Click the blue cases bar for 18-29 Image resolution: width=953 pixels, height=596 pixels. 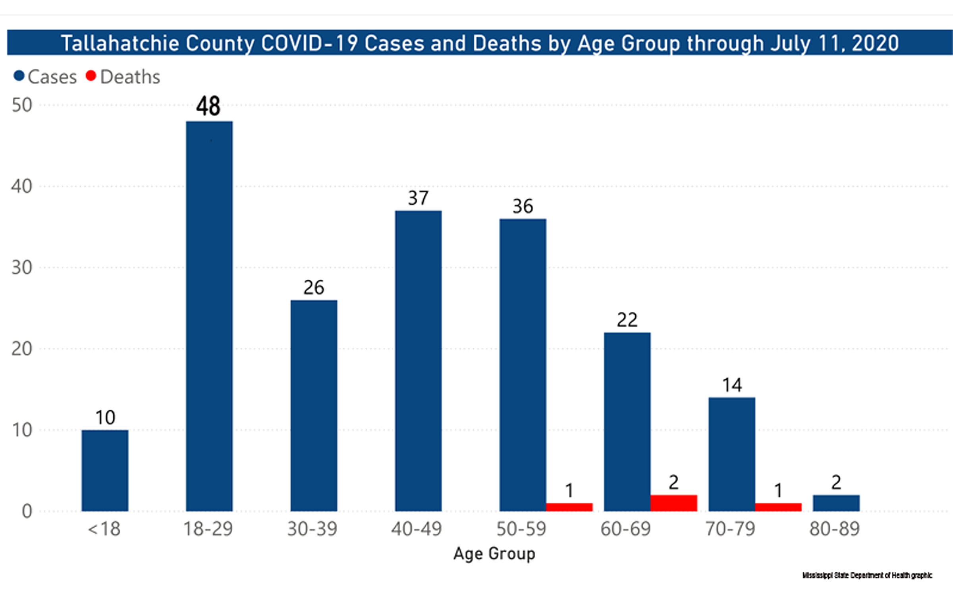[209, 316]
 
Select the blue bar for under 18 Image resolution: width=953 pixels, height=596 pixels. [105, 470]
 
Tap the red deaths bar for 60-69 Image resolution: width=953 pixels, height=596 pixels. [673, 503]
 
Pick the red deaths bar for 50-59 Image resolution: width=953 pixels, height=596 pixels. [569, 507]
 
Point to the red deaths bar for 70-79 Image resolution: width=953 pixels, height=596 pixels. [778, 507]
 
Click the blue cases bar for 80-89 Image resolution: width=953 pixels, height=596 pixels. [836, 503]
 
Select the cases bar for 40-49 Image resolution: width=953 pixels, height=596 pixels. [418, 361]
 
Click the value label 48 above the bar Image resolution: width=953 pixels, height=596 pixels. [208, 106]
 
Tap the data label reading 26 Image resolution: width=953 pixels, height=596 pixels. [314, 287]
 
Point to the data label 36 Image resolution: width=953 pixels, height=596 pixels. [523, 206]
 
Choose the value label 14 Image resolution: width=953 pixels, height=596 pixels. [732, 385]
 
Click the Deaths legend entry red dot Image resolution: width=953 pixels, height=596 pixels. [91, 75]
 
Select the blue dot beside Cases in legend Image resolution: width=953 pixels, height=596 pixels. [19, 75]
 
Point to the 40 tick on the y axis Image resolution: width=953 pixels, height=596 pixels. [22, 186]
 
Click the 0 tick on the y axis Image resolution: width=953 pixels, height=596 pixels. [27, 511]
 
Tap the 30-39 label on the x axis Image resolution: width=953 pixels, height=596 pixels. [313, 529]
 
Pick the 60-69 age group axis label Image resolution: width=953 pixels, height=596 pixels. [626, 529]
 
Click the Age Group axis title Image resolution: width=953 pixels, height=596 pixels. [494, 553]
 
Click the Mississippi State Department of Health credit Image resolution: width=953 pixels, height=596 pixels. [867, 575]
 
